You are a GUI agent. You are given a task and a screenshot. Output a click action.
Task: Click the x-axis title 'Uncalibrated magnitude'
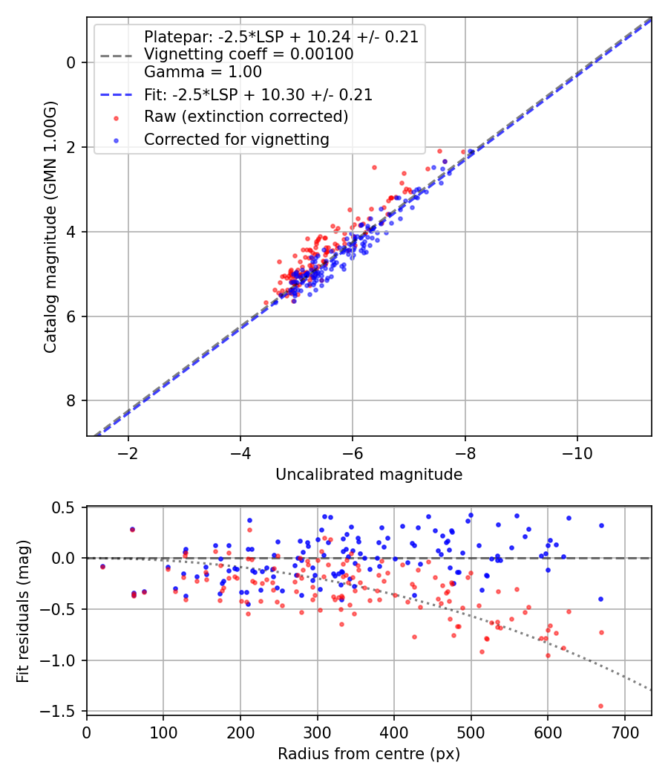369,475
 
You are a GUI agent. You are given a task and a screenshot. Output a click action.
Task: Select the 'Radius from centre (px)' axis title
369,754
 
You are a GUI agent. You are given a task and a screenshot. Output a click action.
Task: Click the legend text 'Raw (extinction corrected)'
246,117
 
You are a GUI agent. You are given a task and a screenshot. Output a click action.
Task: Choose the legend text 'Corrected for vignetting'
236,139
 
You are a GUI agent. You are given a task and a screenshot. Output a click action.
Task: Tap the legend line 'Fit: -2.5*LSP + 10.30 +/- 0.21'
116,95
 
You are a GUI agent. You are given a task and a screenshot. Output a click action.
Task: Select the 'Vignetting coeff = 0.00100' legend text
249,54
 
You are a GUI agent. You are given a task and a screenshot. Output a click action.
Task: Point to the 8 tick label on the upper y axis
72,401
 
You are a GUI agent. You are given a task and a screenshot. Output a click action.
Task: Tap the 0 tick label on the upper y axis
72,62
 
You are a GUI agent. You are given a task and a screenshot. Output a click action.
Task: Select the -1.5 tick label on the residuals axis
62,711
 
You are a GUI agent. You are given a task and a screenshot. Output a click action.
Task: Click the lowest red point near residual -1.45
600,706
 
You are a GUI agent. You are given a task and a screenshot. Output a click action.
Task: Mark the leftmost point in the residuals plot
102,566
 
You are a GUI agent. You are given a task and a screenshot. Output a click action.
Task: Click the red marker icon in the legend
116,117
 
